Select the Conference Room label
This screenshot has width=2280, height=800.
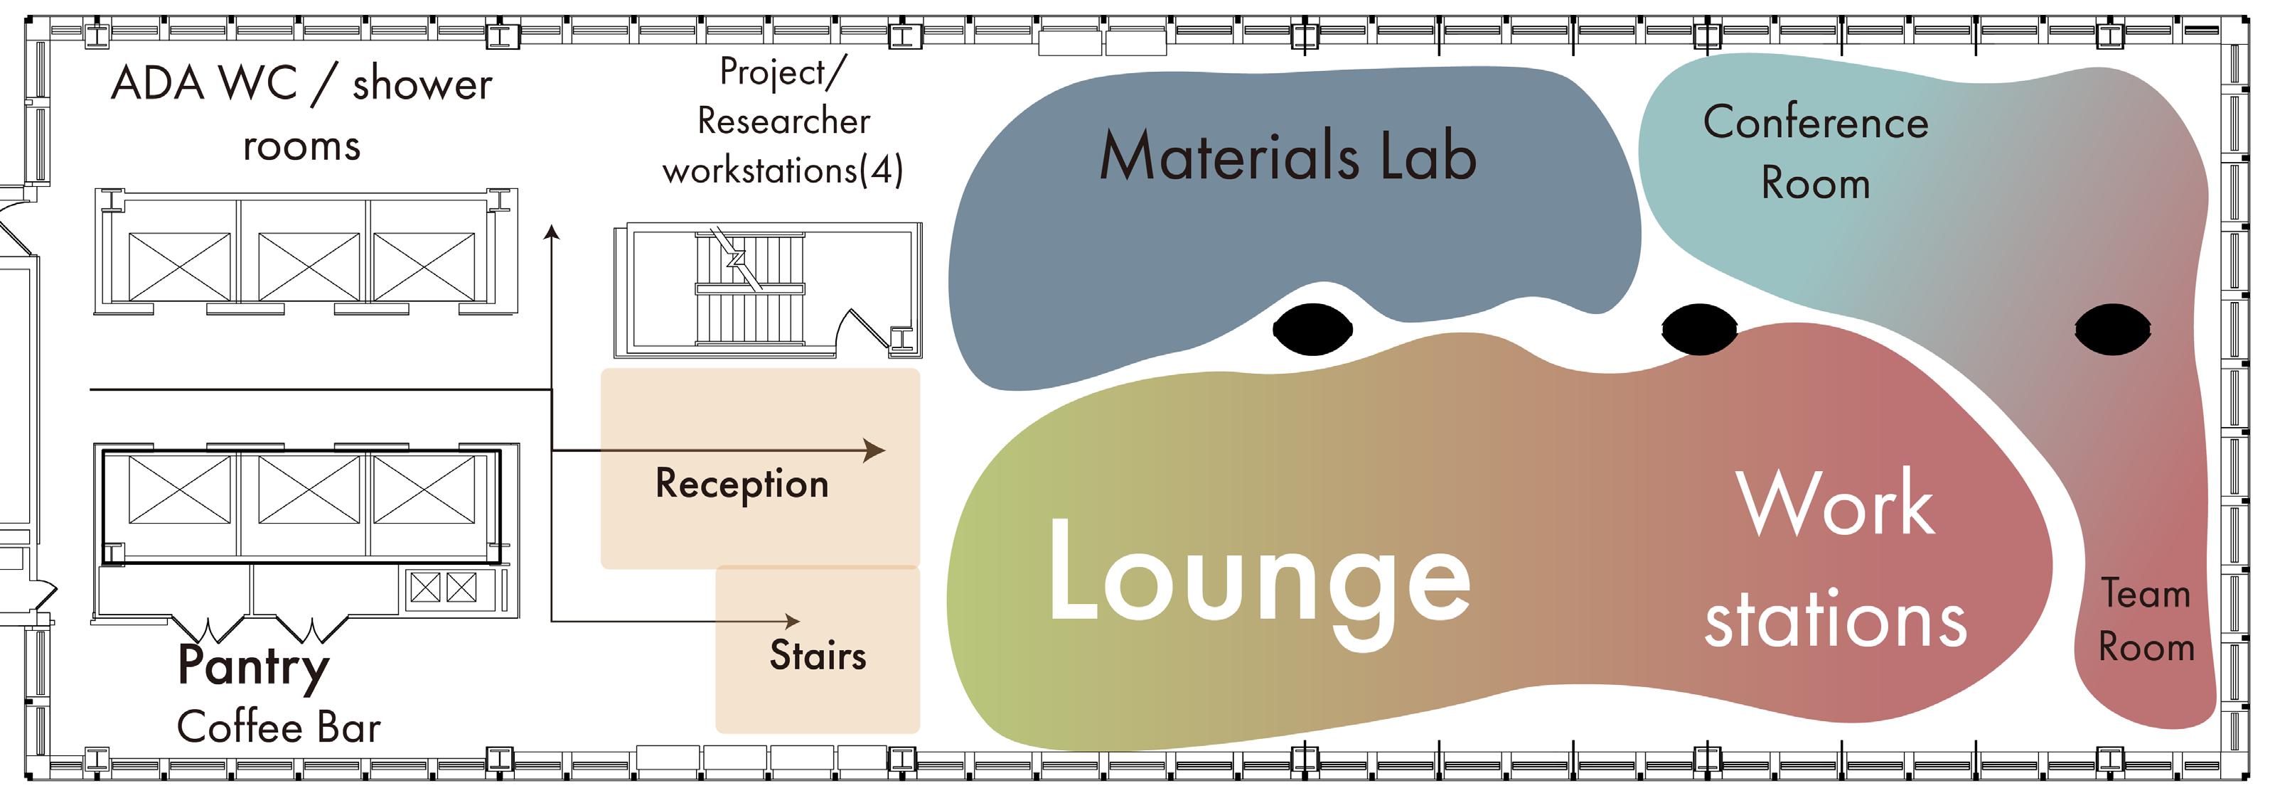tap(1815, 152)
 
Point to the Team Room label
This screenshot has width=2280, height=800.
tap(2146, 620)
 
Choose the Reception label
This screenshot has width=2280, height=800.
tap(742, 484)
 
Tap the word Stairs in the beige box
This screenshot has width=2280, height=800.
tap(818, 656)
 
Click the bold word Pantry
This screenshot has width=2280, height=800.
tap(253, 666)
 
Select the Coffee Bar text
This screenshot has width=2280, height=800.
tap(279, 728)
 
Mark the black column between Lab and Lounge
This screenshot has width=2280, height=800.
tap(1312, 329)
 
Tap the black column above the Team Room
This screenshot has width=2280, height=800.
tap(2113, 329)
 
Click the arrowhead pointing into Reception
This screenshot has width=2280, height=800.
tap(874, 450)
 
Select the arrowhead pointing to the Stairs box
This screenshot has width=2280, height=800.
tap(792, 621)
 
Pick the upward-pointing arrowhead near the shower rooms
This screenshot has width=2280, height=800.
tap(552, 233)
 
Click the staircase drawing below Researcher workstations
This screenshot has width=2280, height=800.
tap(751, 288)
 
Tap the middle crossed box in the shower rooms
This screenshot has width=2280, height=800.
tap(309, 266)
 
